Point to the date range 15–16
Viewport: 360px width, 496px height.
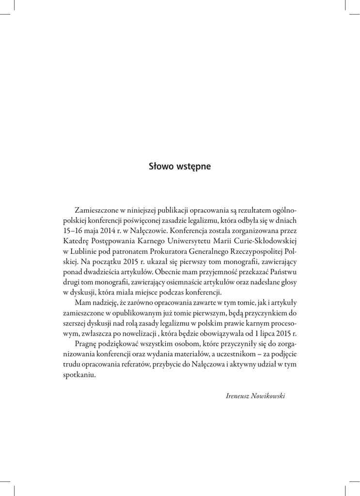coord(75,231)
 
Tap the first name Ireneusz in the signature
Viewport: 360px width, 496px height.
coord(237,396)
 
